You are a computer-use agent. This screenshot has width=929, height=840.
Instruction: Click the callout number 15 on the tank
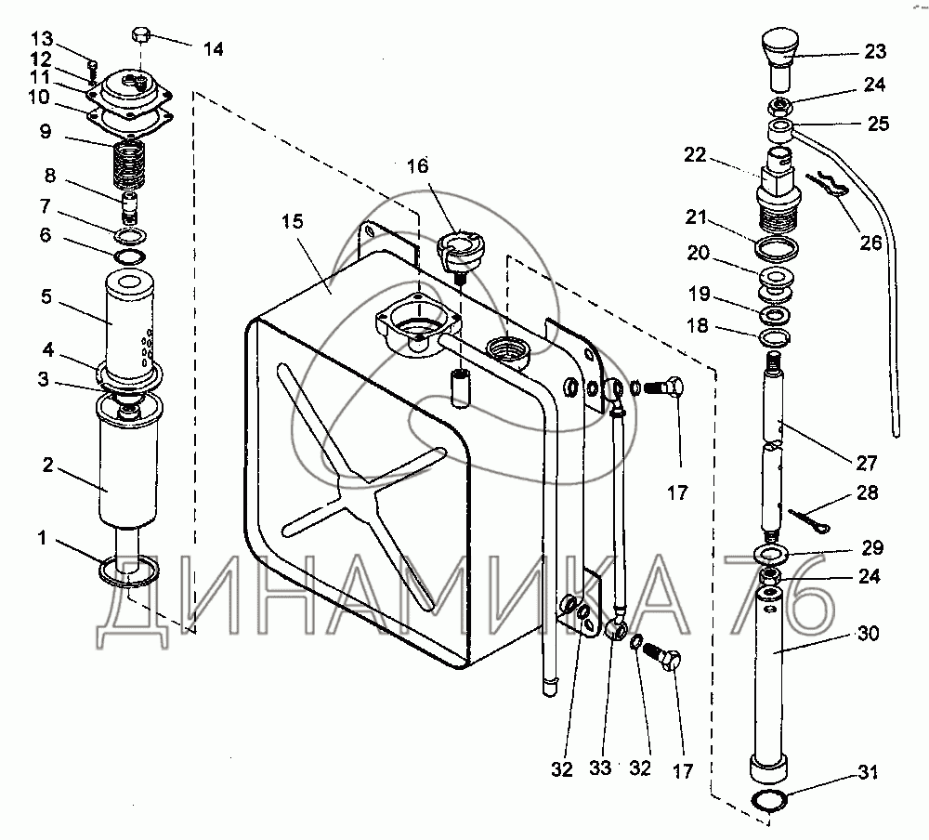pos(292,222)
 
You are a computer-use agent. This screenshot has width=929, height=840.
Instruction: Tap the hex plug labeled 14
pos(140,34)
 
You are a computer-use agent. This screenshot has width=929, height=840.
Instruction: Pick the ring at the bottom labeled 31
pos(768,800)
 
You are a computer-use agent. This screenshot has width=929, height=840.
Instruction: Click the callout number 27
pos(866,463)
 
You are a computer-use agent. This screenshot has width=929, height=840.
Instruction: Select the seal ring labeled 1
pos(128,571)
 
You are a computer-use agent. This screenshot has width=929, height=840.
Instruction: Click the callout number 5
pos(46,296)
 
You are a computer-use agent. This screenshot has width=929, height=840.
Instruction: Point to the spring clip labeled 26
pos(827,184)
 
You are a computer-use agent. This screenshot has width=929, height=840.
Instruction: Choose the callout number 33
pos(600,768)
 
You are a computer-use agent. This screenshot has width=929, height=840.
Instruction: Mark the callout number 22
pos(696,155)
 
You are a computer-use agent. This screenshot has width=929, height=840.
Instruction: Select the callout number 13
pos(42,38)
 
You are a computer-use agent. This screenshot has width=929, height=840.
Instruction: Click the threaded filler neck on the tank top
pos(507,351)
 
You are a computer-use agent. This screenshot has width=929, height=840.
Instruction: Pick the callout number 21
pos(696,217)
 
